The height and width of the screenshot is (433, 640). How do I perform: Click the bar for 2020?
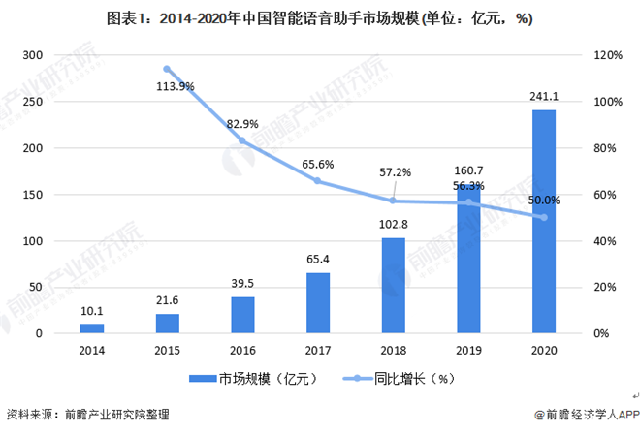point(543,222)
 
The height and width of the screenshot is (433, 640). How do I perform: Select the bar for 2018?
point(393,286)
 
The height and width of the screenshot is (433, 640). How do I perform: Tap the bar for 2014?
point(91,328)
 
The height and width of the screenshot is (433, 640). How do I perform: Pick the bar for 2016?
point(242,315)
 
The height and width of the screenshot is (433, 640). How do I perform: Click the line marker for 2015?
point(167,70)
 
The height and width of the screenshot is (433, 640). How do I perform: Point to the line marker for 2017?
point(317,181)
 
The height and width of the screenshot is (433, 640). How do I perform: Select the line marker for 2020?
point(543,217)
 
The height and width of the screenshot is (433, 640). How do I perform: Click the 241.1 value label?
point(543,98)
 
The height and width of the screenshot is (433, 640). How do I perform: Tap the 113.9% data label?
point(175,86)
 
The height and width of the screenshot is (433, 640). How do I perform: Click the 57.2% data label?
point(395,172)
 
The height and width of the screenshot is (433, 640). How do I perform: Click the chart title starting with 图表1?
point(320,16)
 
